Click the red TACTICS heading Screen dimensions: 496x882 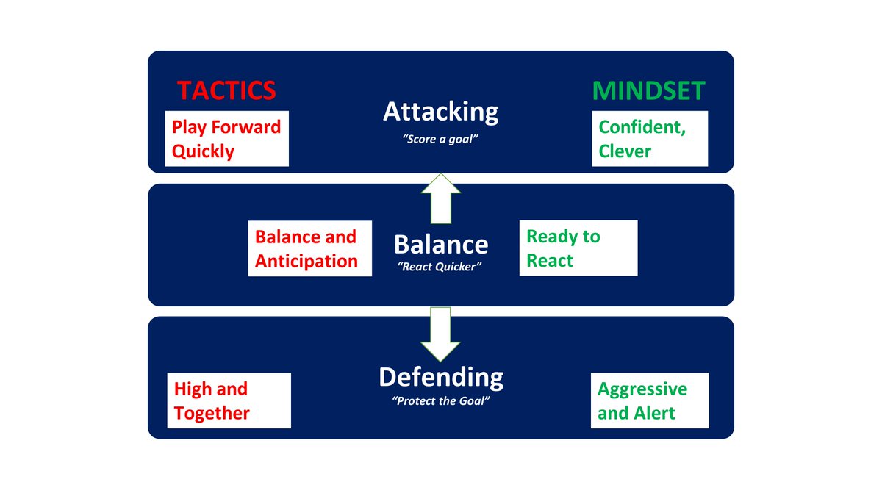[x=226, y=90]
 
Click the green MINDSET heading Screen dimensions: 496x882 [x=648, y=90]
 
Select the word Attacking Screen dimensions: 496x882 [x=440, y=112]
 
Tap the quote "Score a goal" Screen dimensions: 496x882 [x=440, y=138]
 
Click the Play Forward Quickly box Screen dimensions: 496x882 [x=226, y=139]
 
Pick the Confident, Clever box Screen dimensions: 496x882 [x=650, y=139]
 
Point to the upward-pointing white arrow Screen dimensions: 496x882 [x=440, y=198]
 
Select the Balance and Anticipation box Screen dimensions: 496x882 [x=309, y=248]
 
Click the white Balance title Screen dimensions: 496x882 [x=440, y=244]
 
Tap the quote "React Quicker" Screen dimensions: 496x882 [x=440, y=267]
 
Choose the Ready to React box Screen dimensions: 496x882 [x=578, y=248]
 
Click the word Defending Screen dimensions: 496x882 [x=440, y=378]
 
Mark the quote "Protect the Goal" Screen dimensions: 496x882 [x=440, y=402]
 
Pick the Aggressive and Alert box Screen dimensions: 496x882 [x=650, y=400]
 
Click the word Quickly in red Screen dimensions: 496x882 [x=203, y=151]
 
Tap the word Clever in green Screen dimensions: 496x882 [x=625, y=151]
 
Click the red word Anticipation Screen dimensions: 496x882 [x=306, y=261]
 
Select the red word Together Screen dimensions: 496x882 [x=212, y=413]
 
